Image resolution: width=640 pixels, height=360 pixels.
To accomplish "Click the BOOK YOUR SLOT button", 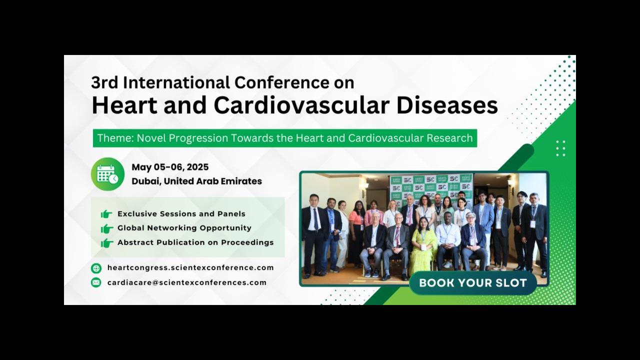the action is tap(473, 283).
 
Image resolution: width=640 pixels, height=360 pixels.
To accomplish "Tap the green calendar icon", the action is tap(107, 174).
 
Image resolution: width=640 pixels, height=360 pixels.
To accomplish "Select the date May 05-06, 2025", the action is tap(170, 167).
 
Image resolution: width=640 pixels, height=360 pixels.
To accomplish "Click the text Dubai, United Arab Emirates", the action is tap(196, 181).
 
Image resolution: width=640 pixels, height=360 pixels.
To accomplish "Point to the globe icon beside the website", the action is tap(96, 268).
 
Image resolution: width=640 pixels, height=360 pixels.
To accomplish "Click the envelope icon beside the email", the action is tap(96, 282).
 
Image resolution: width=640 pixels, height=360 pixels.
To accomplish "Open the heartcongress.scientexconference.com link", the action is tap(190, 267).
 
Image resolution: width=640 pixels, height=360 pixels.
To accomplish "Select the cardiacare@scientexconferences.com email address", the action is tap(187, 282).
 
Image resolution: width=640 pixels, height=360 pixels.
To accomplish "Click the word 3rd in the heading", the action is tap(104, 82).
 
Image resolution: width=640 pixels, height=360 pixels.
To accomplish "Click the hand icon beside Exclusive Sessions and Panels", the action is tap(106, 213).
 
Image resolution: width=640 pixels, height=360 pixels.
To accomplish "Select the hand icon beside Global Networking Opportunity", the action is tap(106, 228).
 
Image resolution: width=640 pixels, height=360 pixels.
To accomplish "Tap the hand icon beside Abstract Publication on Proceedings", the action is tap(106, 242).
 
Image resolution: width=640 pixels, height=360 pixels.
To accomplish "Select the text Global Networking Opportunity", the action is tap(184, 228).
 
